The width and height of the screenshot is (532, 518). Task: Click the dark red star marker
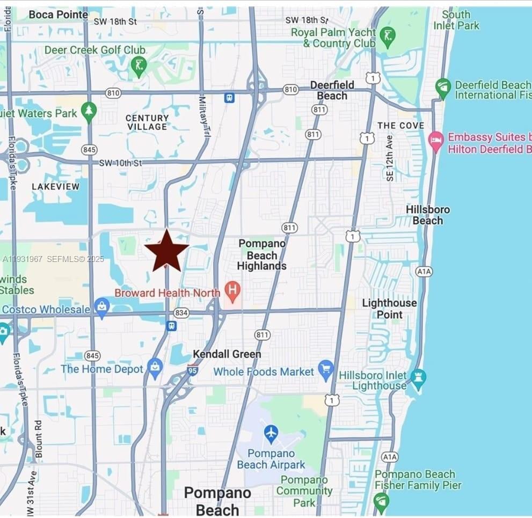pyautogui.click(x=166, y=251)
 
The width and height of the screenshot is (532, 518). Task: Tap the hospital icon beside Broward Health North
pyautogui.click(x=232, y=291)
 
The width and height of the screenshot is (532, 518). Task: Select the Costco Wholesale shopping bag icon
pyautogui.click(x=101, y=308)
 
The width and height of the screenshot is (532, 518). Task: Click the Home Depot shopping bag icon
pyautogui.click(x=155, y=368)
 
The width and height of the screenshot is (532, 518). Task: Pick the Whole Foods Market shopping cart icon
pyautogui.click(x=326, y=370)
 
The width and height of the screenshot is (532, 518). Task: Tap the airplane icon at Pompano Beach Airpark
pyautogui.click(x=271, y=432)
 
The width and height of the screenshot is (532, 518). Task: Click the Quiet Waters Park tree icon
pyautogui.click(x=89, y=112)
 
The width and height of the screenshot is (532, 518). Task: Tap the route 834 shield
pyautogui.click(x=181, y=313)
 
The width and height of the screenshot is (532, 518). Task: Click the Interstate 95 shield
pyautogui.click(x=192, y=369)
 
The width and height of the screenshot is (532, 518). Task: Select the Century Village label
pyautogui.click(x=147, y=122)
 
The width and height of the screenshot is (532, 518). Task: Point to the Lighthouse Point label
pyautogui.click(x=389, y=309)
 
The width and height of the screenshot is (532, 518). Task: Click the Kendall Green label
pyautogui.click(x=227, y=354)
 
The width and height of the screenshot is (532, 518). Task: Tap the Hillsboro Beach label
pyautogui.click(x=428, y=215)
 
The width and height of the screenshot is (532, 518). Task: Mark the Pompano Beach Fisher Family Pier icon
pyautogui.click(x=381, y=501)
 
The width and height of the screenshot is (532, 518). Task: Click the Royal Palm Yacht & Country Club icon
pyautogui.click(x=387, y=37)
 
